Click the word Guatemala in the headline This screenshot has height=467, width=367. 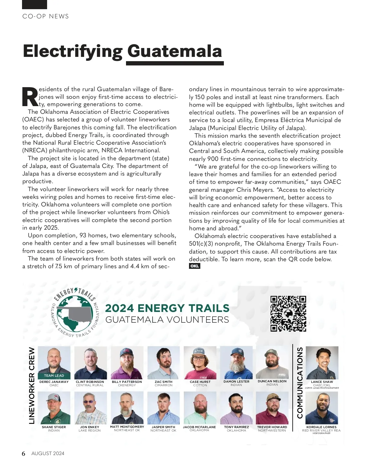[x=174, y=51]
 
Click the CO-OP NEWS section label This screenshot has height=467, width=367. [x=46, y=17]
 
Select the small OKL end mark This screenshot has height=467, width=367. [x=195, y=266]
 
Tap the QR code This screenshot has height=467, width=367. [x=288, y=313]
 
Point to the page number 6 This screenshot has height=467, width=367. [x=24, y=454]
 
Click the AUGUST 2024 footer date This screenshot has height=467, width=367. [x=48, y=454]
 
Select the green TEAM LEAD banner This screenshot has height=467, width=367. [x=54, y=376]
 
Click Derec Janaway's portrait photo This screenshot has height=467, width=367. [x=54, y=361]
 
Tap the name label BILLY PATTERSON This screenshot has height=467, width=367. [x=127, y=382]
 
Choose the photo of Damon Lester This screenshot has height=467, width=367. [x=236, y=363]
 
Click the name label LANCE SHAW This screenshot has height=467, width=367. [x=322, y=382]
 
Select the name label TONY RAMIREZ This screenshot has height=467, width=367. [x=236, y=427]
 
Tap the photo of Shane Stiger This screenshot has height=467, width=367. [x=54, y=408]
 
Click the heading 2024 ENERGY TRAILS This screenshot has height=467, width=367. [x=167, y=308]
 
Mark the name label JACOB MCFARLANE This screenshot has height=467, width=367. [x=199, y=427]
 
